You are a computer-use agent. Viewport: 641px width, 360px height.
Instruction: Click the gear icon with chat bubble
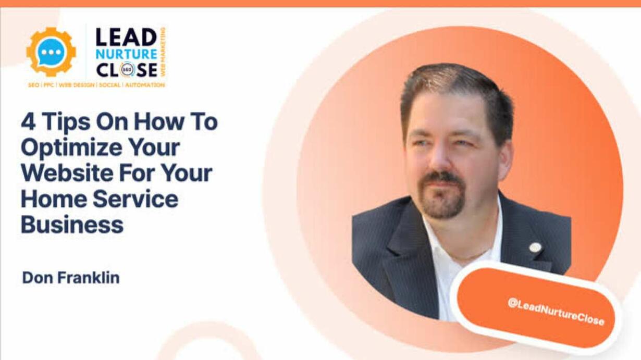[x=51, y=52]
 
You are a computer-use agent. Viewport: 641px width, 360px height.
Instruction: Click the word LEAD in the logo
[x=126, y=38]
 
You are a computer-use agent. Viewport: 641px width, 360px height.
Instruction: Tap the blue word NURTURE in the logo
[x=126, y=54]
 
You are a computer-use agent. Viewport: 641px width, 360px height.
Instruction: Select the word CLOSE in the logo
[x=127, y=70]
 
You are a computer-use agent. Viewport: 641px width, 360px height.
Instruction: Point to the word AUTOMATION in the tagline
[x=145, y=85]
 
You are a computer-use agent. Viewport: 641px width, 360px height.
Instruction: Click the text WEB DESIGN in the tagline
[x=77, y=85]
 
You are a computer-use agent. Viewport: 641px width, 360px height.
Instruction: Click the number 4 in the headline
[x=28, y=121]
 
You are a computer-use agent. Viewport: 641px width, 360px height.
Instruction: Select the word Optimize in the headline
[x=71, y=148]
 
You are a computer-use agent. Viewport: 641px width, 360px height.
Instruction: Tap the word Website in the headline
[x=67, y=173]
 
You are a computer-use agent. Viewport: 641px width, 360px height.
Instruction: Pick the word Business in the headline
[x=72, y=225]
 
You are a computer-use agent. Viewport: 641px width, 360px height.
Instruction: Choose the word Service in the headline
[x=135, y=198]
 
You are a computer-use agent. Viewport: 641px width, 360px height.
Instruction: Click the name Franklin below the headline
[x=89, y=278]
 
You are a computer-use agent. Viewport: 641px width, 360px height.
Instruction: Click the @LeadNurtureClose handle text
[x=556, y=312]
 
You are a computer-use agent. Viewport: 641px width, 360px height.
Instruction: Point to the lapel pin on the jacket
[x=535, y=247]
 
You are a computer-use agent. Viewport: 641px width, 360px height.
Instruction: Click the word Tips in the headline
[x=66, y=122]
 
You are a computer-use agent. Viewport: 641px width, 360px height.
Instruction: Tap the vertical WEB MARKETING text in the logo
[x=163, y=52]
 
